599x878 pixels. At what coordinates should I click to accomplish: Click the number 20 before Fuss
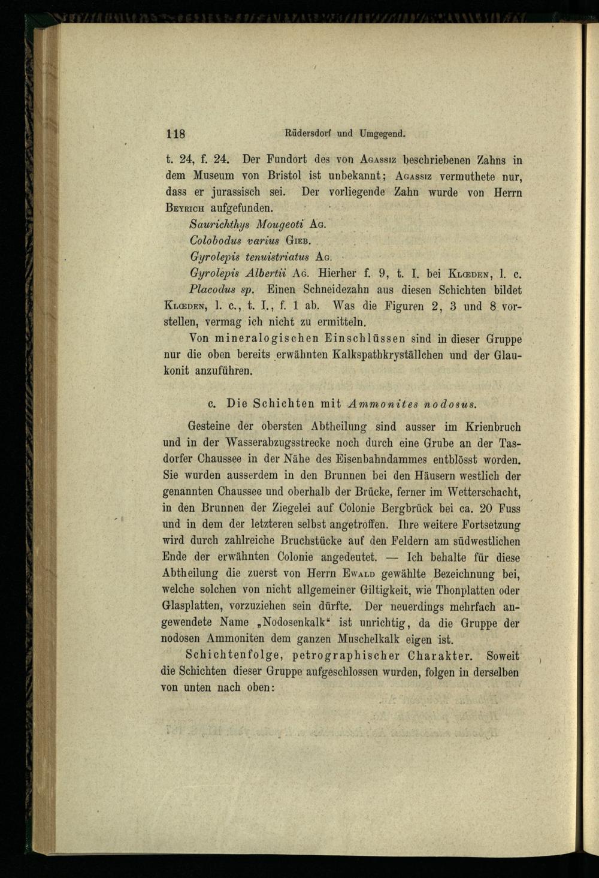(x=487, y=509)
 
